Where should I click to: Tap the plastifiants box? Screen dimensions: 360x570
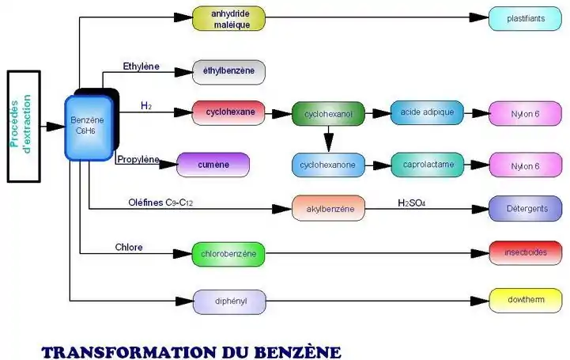pos(526,18)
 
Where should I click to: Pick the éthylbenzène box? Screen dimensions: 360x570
pos(228,71)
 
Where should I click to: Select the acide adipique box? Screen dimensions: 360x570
pos(427,112)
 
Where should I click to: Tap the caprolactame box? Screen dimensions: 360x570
pos(427,165)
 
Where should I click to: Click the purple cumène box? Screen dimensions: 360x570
pos(213,165)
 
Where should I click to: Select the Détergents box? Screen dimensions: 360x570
pos(526,208)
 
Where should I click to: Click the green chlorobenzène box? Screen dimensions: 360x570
pos(228,254)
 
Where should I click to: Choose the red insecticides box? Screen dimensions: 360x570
pos(526,253)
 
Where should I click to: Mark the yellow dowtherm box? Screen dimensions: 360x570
pos(526,301)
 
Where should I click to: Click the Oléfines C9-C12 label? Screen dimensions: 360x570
pos(160,203)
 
